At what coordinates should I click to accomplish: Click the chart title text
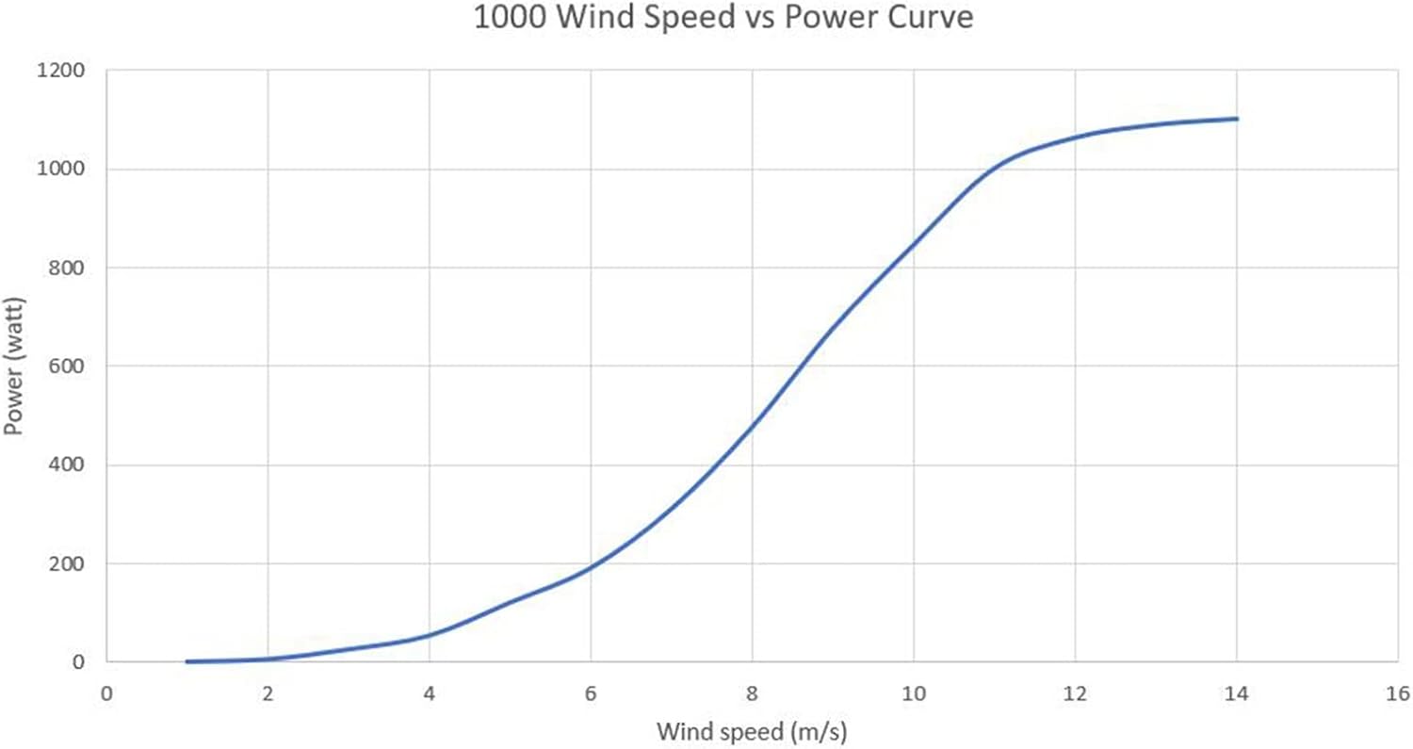coord(723,19)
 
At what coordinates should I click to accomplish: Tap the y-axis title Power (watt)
coord(14,366)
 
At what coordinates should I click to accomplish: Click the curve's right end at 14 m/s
coord(1236,119)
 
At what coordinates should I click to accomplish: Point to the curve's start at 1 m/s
coord(187,661)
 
